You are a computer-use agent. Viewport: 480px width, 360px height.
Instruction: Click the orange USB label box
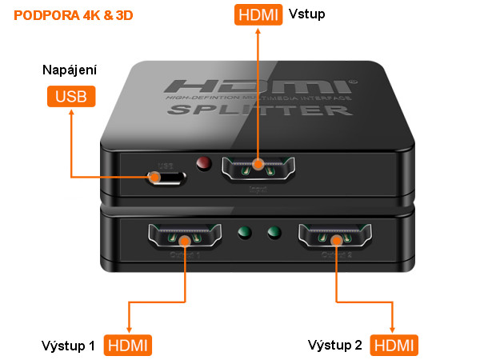click(70, 97)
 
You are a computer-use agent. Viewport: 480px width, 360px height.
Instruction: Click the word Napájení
click(70, 70)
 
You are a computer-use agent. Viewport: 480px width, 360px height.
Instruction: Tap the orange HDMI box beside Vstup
click(258, 14)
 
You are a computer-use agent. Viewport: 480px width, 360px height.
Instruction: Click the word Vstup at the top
click(308, 14)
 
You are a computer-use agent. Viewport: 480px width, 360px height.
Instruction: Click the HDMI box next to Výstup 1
click(128, 346)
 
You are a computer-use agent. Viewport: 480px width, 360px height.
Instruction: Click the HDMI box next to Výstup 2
click(394, 346)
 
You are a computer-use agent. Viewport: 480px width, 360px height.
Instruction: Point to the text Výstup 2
click(334, 346)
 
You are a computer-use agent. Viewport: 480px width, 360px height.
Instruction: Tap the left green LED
click(246, 234)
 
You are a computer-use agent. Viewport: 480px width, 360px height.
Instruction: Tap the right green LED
click(275, 234)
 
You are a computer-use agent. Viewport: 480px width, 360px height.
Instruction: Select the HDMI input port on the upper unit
click(258, 169)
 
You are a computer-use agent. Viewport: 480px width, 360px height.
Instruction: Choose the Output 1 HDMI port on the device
click(184, 237)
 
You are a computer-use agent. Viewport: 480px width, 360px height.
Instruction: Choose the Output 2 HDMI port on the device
click(334, 238)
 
